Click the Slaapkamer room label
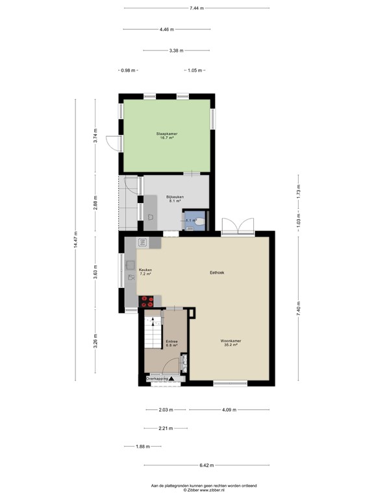click(x=167, y=136)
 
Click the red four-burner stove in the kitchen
click(x=147, y=300)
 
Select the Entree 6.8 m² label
click(x=171, y=343)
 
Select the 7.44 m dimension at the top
click(x=197, y=8)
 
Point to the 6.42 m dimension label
click(x=206, y=465)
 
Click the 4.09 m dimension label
click(x=229, y=409)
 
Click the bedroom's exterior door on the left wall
click(x=113, y=143)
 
